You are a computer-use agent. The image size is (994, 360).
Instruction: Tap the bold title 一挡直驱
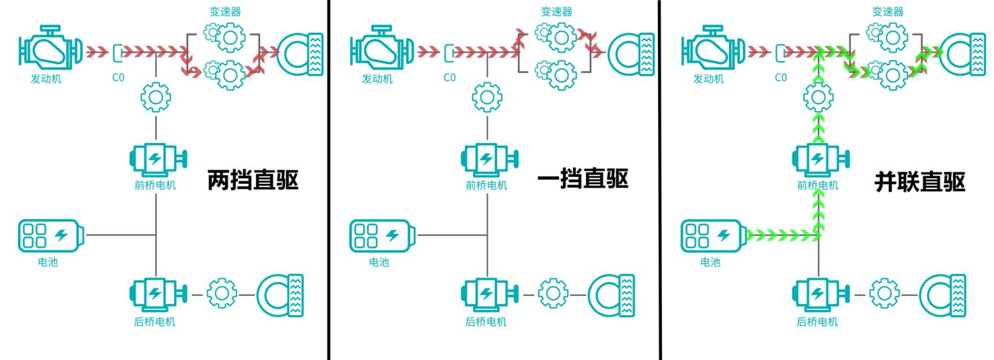pyautogui.click(x=583, y=178)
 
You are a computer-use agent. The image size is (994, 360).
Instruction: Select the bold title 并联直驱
pyautogui.click(x=920, y=182)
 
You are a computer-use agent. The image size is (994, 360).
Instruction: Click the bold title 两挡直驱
pyautogui.click(x=253, y=180)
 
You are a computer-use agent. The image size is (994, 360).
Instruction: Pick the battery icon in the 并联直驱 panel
pyautogui.click(x=713, y=236)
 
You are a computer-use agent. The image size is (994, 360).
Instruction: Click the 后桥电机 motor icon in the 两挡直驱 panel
pyautogui.click(x=158, y=295)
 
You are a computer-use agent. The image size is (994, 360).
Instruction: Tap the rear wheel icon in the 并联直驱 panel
pyautogui.click(x=943, y=295)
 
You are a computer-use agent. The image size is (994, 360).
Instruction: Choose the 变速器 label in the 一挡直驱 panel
pyautogui.click(x=556, y=11)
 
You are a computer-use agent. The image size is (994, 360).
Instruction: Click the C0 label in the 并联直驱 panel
pyautogui.click(x=781, y=77)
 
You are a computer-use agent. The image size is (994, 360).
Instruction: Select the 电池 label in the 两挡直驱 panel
pyautogui.click(x=47, y=262)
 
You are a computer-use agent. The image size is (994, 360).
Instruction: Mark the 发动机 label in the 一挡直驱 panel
pyautogui.click(x=377, y=79)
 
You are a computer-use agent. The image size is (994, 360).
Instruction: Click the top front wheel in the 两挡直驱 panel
pyautogui.click(x=300, y=54)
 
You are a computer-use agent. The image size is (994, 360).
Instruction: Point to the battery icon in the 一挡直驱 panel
pyautogui.click(x=383, y=236)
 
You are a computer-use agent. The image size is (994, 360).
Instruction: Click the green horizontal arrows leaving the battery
pyautogui.click(x=783, y=234)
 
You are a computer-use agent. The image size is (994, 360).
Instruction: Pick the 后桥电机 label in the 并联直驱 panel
pyautogui.click(x=817, y=322)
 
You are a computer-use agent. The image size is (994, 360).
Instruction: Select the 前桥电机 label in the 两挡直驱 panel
pyautogui.click(x=155, y=185)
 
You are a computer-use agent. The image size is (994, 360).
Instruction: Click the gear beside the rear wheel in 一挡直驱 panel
pyautogui.click(x=553, y=293)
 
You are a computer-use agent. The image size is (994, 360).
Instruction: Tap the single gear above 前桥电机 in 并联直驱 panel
pyautogui.click(x=818, y=98)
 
